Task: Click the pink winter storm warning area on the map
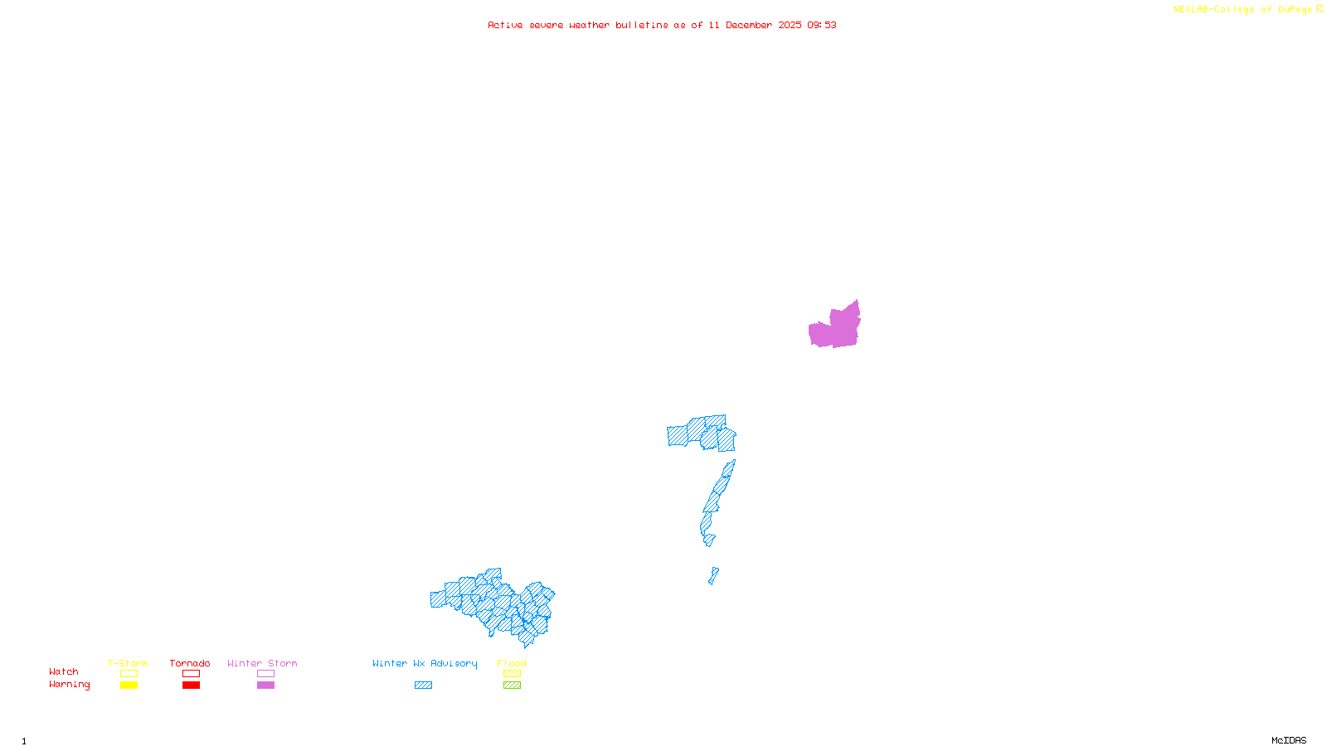click(x=836, y=327)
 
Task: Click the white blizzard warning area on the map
click(x=720, y=543)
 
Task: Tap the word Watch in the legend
click(x=64, y=672)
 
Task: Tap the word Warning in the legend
click(x=69, y=685)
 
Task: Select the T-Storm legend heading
click(x=128, y=663)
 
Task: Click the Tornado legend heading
click(x=190, y=663)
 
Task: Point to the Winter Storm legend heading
click(x=262, y=663)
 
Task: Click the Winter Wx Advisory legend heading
click(x=425, y=663)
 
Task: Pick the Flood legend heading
click(x=512, y=663)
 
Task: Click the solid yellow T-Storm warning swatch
click(x=129, y=685)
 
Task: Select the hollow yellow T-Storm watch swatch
click(x=129, y=674)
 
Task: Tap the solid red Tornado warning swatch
click(x=191, y=685)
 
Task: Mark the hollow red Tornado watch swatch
click(x=191, y=674)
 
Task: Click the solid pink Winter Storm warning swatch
click(x=265, y=685)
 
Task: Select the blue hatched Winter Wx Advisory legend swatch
click(x=423, y=685)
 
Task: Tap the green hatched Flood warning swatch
click(x=512, y=685)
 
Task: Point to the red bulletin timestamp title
click(x=662, y=25)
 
